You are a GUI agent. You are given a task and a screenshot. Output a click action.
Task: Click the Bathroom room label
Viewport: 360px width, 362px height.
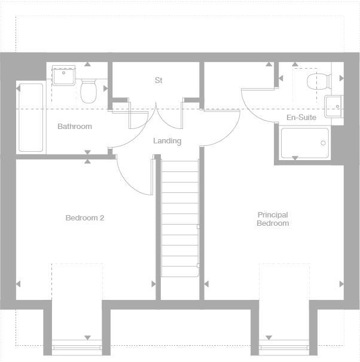75,127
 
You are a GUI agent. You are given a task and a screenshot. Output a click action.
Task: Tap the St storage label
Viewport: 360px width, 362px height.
158,80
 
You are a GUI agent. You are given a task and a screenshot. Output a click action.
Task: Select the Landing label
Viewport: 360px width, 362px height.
167,141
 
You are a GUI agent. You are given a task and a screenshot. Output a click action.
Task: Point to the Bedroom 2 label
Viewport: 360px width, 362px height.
85,218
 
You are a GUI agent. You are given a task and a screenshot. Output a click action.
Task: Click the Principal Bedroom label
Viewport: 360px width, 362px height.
273,219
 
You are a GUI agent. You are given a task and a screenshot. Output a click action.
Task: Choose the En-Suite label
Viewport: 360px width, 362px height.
301,118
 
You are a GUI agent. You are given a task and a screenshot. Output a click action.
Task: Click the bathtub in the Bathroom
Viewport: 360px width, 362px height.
30,118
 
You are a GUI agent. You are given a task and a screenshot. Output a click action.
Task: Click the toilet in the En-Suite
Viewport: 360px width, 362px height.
316,81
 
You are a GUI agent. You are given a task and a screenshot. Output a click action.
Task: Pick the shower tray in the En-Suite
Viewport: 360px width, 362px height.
305,143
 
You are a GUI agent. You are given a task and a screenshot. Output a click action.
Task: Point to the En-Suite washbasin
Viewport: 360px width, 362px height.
332,106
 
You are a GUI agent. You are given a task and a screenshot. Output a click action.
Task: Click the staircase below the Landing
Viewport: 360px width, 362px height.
180,218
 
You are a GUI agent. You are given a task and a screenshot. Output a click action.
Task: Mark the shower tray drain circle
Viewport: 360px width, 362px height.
324,143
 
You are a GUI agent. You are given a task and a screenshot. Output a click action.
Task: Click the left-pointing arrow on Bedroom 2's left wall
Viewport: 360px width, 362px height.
19,284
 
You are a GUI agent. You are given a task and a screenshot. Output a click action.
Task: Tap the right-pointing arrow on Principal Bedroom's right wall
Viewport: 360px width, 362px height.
341,284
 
